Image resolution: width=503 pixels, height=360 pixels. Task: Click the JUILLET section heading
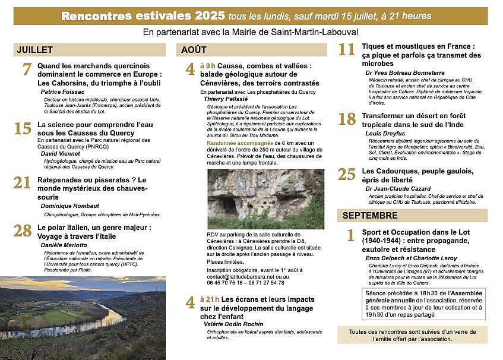tap(35, 50)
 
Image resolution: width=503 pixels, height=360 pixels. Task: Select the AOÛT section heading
tap(194, 50)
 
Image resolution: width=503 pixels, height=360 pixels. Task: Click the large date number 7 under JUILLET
tap(27, 70)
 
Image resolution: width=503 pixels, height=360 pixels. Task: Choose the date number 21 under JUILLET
tap(23, 183)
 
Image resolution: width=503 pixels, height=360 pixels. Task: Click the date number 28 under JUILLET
tap(23, 230)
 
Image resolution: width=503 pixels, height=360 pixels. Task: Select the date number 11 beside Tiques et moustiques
tap(347, 50)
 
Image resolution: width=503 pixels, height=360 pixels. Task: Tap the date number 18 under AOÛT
tap(347, 119)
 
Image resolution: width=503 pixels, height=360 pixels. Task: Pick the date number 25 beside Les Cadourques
tap(347, 174)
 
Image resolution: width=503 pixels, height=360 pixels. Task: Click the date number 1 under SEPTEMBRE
tap(350, 235)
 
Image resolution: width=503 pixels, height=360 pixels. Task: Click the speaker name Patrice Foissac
tap(63, 92)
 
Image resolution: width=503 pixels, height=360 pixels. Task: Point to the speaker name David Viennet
tap(61, 153)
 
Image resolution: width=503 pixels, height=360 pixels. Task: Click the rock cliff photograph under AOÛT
tap(265, 198)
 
